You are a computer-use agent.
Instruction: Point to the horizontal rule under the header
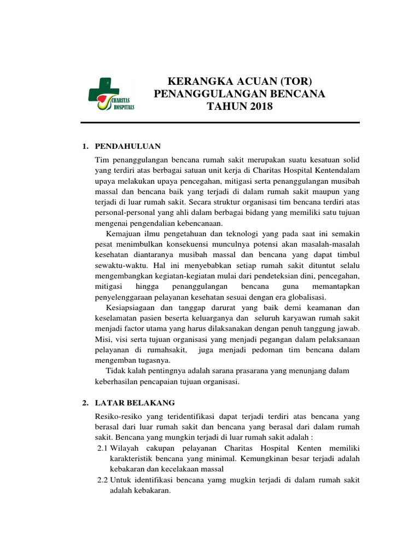tap(220, 122)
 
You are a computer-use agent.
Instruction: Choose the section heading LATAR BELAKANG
tap(135, 402)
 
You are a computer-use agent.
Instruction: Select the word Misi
tap(103, 339)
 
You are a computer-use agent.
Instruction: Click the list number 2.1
tap(102, 448)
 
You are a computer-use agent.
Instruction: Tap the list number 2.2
tap(102, 480)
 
